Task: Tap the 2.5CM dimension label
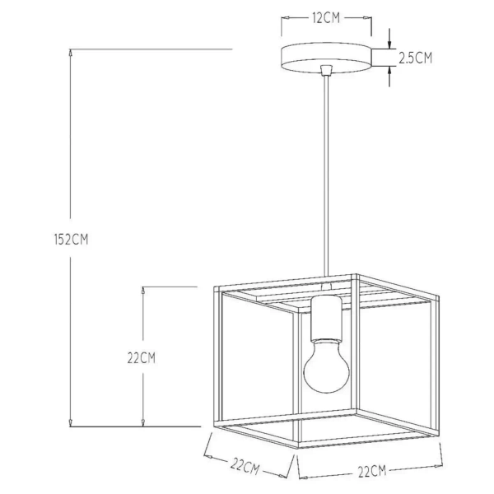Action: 415,58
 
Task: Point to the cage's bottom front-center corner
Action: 295,449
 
